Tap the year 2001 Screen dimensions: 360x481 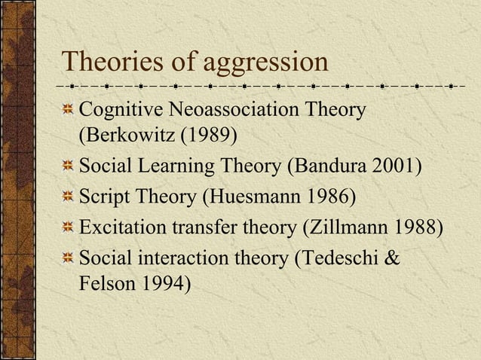click(392, 163)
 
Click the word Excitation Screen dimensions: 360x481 click(121, 227)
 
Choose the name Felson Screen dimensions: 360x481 click(103, 284)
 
